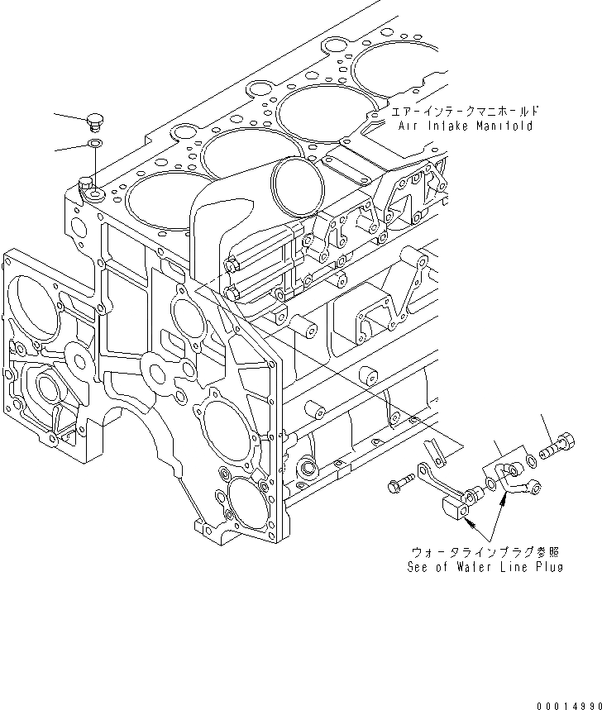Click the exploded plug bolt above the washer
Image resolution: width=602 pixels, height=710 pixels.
(x=93, y=122)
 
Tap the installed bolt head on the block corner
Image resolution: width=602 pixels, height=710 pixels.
(x=85, y=183)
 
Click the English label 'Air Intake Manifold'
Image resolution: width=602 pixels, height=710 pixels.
(x=465, y=126)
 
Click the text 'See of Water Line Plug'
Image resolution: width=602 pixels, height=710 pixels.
(x=485, y=567)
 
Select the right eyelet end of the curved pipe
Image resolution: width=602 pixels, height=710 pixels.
(x=535, y=489)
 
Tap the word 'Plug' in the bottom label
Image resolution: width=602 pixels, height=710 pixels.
(x=548, y=567)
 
